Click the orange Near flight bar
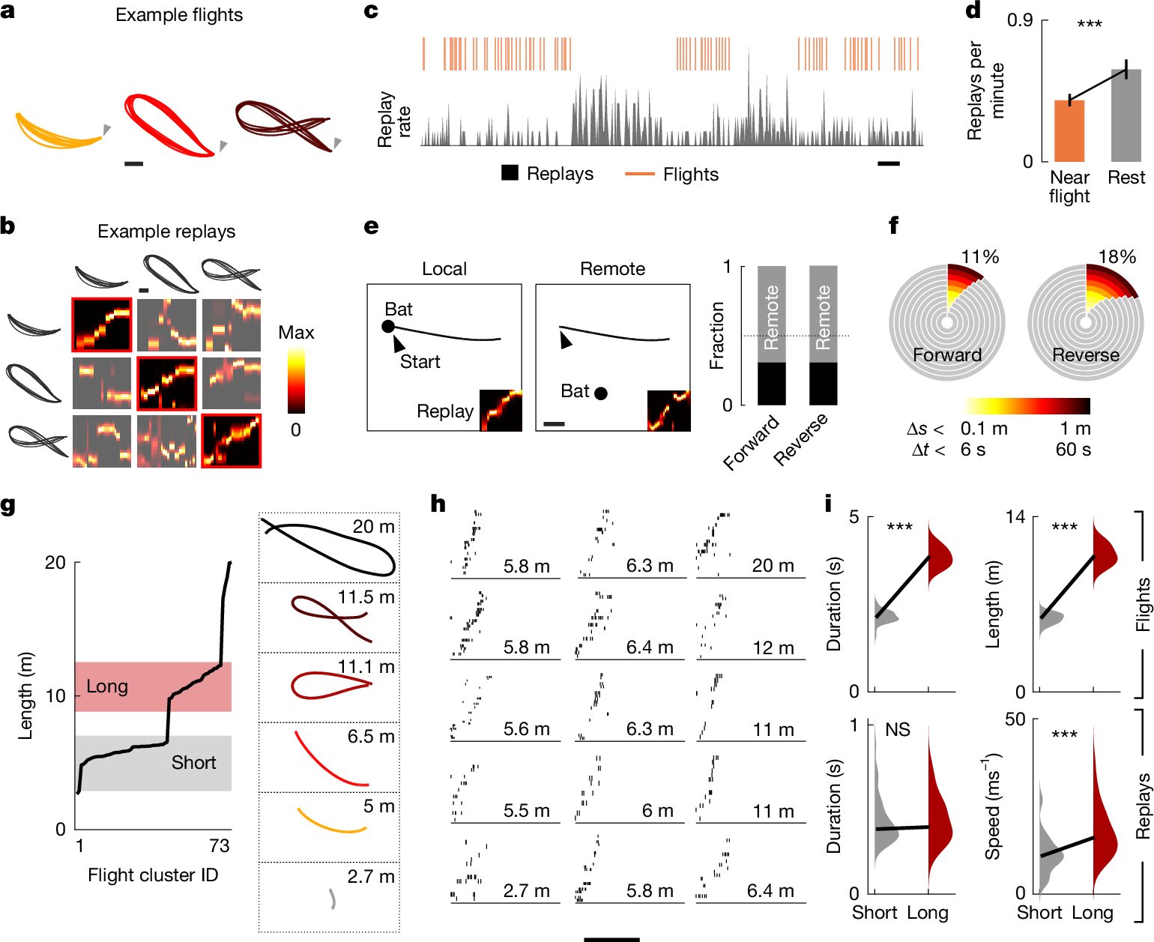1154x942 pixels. (x=1069, y=131)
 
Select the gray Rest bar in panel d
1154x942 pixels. (x=1126, y=116)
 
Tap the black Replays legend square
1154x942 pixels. (x=510, y=173)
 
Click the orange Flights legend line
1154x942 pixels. (x=639, y=174)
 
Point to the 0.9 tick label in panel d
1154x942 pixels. (x=1020, y=20)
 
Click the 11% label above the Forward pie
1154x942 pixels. (x=980, y=257)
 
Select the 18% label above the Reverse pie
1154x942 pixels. (x=1117, y=257)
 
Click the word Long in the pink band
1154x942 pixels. (x=107, y=686)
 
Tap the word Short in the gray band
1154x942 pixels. (x=193, y=763)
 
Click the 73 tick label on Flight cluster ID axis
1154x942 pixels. (x=220, y=846)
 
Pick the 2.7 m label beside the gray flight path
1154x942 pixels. (x=371, y=876)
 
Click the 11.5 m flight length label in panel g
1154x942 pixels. (x=366, y=597)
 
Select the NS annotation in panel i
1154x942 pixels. (x=897, y=730)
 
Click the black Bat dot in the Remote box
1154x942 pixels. (x=601, y=393)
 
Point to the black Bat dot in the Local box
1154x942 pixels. (x=388, y=326)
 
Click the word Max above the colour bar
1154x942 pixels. (x=296, y=333)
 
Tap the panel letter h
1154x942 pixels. (x=438, y=504)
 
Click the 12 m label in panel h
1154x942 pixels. (x=773, y=648)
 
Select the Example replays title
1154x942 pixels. (x=166, y=232)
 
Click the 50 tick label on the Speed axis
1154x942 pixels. (x=1015, y=719)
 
